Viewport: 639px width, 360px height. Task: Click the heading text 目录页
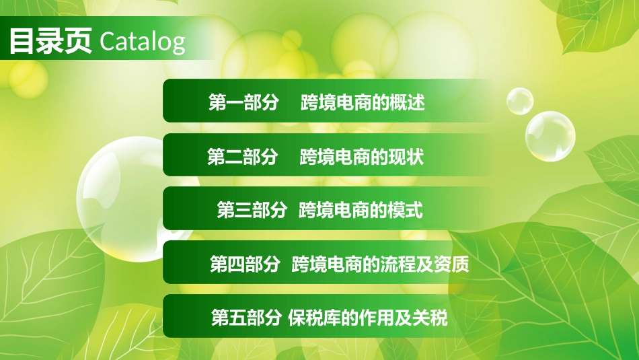(50, 42)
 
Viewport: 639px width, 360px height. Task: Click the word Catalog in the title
(142, 42)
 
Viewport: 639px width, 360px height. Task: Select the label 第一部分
(243, 103)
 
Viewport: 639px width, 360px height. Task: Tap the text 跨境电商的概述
(363, 103)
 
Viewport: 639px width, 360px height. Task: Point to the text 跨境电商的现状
(361, 157)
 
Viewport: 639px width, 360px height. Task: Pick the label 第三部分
(252, 210)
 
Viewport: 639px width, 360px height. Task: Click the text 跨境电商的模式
(361, 210)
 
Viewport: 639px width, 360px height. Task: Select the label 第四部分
(245, 264)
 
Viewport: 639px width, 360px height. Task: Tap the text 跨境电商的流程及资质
(380, 264)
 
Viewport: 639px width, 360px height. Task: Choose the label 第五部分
(246, 318)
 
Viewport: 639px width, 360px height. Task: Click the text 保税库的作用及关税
(368, 318)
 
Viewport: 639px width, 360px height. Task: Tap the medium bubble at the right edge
(550, 136)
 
